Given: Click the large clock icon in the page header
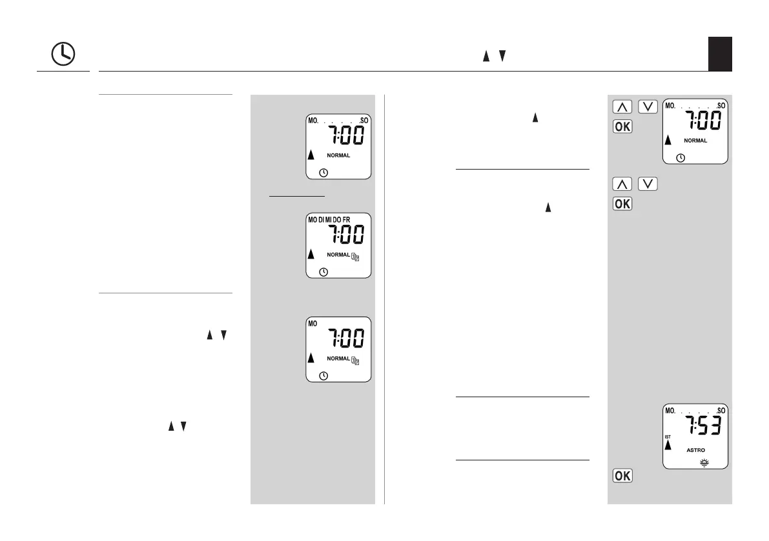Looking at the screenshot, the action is pos(63,55).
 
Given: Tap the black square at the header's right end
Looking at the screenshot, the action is pos(719,54).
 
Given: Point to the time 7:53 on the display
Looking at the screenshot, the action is pos(702,426).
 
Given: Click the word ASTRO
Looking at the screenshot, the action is pos(695,450).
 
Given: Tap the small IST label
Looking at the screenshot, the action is pos(668,437).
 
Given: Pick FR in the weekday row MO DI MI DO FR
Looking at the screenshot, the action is pos(346,220).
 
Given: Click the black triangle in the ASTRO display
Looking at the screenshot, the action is pos(668,445).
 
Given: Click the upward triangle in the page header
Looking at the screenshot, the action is pos(486,57).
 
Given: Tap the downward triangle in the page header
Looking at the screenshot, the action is pos(502,57).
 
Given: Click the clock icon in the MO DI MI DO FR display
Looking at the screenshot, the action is pos(323,271).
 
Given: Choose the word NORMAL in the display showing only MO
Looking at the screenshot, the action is pos(338,359).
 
